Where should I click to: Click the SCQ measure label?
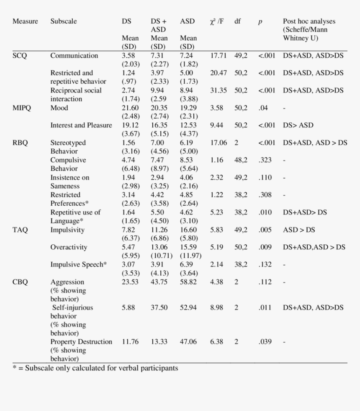pos(20,56)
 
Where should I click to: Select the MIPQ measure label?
pos(22,108)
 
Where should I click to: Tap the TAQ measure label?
pos(20,230)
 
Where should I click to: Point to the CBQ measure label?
pos(20,282)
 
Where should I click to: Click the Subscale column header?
pos(64,21)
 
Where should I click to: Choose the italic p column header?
pos(260,22)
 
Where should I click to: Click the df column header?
pos(238,21)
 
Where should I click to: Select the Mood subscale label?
pos(59,108)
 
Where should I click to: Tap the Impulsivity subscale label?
pos(67,230)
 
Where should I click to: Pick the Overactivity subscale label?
pos(69,247)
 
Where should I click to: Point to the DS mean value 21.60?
pos(130,108)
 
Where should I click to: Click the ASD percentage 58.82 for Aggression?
pos(188,282)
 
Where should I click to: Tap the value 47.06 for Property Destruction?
pos(188,341)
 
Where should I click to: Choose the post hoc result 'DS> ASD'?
pos(298,125)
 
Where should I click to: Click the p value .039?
pos(265,341)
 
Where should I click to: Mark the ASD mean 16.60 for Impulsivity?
pos(188,230)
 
